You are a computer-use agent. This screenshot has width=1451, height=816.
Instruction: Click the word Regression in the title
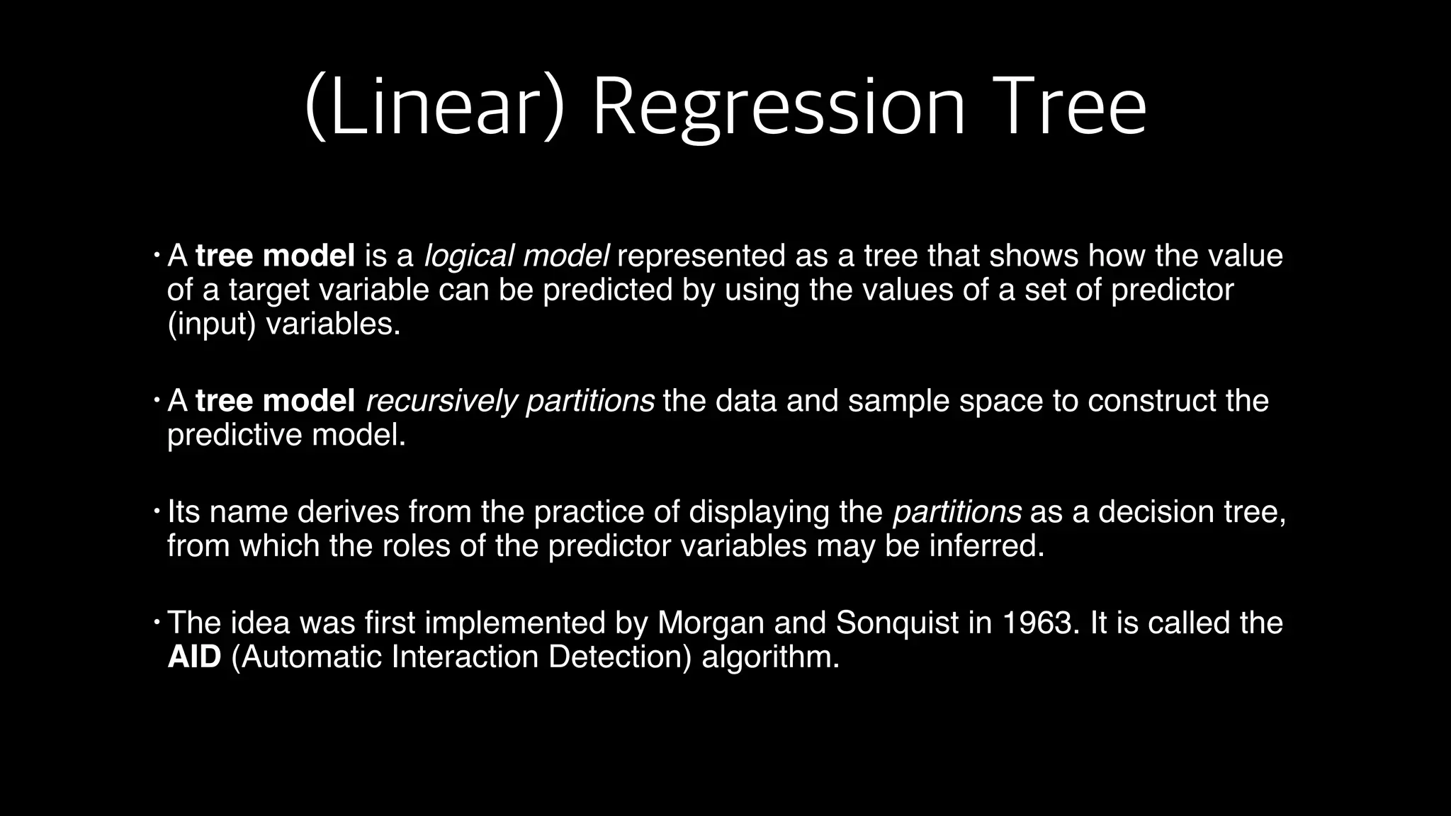point(778,108)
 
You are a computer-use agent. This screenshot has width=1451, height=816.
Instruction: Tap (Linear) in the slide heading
point(435,108)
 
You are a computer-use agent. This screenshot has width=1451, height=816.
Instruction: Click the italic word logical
point(468,256)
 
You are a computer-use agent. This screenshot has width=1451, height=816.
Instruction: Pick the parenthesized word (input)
point(211,324)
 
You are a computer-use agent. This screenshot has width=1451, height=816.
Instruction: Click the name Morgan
point(711,623)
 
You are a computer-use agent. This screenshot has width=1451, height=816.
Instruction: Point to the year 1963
point(1041,623)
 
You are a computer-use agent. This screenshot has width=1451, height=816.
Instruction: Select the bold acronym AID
point(194,657)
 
